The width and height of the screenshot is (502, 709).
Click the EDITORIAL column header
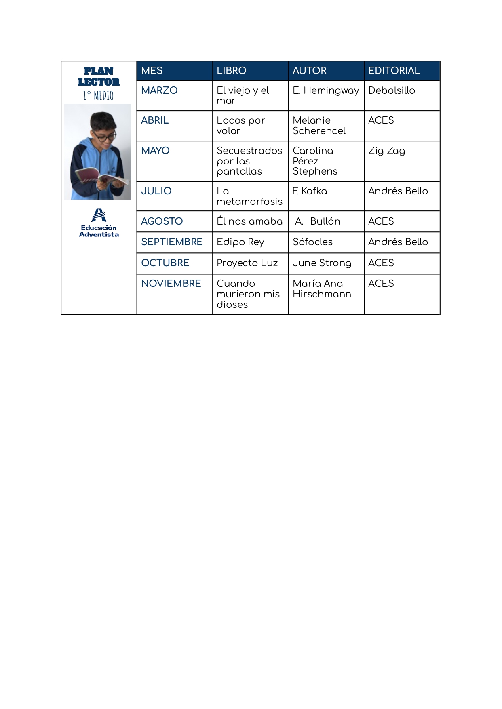[x=394, y=71]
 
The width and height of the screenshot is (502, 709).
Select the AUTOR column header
[x=309, y=71]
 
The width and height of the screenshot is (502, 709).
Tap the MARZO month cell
[x=159, y=90]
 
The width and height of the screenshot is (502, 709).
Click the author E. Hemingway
[x=326, y=90]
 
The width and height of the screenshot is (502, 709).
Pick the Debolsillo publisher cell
[x=391, y=90]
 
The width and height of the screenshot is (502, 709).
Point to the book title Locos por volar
[x=240, y=126]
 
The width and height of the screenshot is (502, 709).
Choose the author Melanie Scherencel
[x=319, y=126]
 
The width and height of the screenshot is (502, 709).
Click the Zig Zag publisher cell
[x=386, y=151]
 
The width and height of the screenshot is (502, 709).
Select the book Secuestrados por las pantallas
[x=249, y=161]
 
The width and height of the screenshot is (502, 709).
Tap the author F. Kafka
[x=310, y=191]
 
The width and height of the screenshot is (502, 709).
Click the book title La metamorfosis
[x=249, y=196]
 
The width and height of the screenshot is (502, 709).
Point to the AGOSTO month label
[x=162, y=221]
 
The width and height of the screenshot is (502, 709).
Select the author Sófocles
[x=312, y=242]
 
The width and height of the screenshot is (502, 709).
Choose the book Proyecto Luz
[x=247, y=263]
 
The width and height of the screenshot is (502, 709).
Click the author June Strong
[x=322, y=263]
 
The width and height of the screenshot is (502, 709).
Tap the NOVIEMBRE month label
[x=171, y=284]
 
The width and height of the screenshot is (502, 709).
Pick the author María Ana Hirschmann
[x=322, y=289]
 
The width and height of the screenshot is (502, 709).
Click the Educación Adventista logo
[x=99, y=223]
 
